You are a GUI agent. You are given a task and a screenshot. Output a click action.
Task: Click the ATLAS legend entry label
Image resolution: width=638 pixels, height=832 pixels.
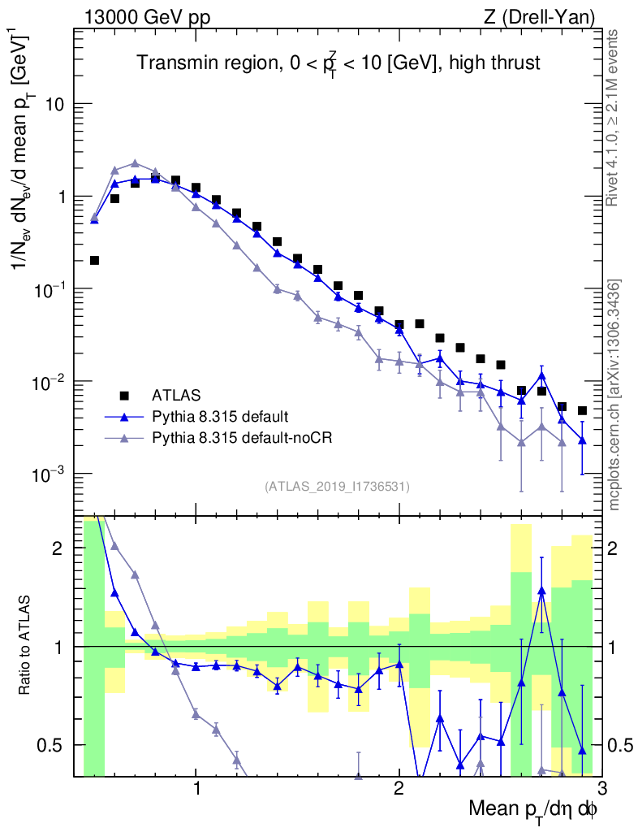175,396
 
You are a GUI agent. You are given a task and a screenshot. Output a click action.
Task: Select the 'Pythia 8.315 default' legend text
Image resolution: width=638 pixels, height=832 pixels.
219,417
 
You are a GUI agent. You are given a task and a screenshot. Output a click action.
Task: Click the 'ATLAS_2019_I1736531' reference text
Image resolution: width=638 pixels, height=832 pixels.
337,487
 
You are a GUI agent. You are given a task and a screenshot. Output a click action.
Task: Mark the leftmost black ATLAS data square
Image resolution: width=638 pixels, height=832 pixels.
94,261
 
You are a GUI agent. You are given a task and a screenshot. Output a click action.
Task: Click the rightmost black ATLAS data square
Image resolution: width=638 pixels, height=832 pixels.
582,410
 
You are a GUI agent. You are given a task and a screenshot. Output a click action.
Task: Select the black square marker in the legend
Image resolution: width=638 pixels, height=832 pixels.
124,396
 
